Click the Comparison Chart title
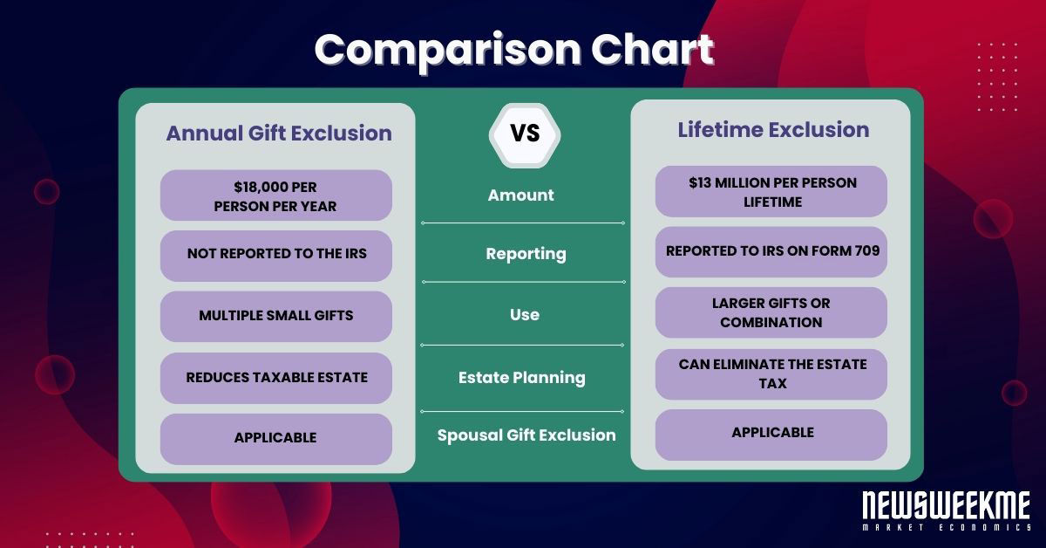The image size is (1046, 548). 513,51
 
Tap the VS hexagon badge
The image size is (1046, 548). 525,134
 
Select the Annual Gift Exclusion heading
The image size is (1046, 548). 278,134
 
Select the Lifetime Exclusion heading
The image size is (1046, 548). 773,130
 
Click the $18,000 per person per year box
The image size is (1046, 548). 275,195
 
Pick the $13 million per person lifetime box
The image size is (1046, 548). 771,192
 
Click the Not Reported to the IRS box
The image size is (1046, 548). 275,255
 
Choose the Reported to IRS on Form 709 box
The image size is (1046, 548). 771,251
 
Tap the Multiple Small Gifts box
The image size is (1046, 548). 275,316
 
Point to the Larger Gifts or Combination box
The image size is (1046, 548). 771,312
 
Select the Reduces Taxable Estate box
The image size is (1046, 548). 275,378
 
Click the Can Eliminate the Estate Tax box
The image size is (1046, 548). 771,373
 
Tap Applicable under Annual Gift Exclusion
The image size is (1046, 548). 275,438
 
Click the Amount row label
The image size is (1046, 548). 520,195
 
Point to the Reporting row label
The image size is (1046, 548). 526,254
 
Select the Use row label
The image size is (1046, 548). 524,315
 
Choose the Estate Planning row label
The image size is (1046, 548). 521,378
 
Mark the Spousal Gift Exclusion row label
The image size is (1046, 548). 526,435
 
